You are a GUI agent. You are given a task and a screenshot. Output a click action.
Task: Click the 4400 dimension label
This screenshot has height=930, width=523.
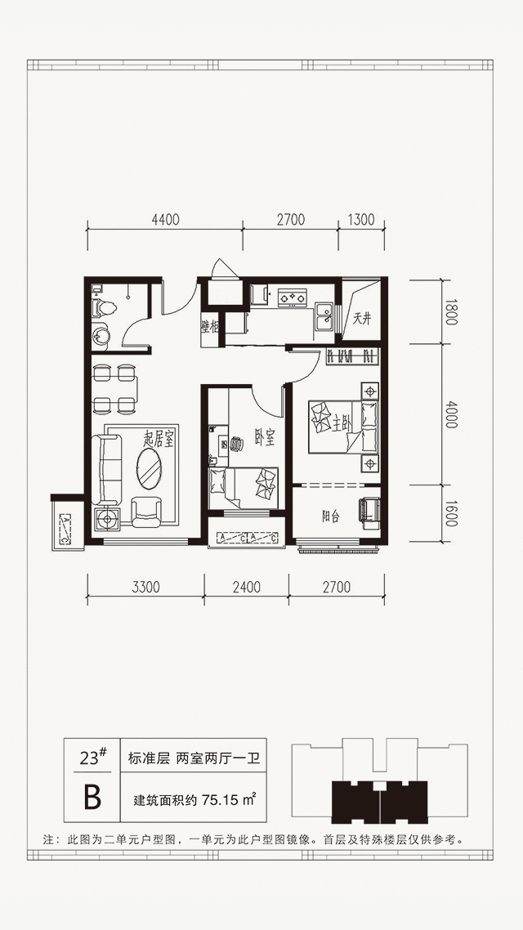(x=165, y=220)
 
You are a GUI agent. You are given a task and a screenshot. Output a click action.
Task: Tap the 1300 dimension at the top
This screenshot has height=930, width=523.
(x=361, y=220)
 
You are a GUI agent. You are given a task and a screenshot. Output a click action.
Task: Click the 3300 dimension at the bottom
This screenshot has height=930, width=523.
(x=146, y=588)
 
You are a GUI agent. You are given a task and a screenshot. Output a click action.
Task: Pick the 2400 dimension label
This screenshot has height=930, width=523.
(x=247, y=588)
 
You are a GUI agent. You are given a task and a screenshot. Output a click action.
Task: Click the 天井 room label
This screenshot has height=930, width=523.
(x=362, y=319)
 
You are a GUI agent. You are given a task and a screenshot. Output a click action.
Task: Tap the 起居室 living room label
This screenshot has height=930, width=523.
(x=160, y=439)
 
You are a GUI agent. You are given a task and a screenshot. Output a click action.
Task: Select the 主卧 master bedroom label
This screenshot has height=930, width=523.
(x=339, y=425)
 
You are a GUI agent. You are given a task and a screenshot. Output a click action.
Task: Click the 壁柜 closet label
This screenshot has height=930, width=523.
(x=211, y=325)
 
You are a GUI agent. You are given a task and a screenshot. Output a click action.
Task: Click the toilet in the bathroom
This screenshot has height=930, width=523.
(x=105, y=306)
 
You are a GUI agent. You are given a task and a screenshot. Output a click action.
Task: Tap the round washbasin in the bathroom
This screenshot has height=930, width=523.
(x=100, y=335)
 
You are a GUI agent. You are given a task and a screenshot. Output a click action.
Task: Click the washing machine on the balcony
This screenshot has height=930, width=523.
(x=369, y=510)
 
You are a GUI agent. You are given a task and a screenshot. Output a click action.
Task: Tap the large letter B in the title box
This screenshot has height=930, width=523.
(x=92, y=797)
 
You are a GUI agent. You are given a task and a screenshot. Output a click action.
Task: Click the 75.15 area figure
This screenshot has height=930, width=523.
(x=221, y=800)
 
